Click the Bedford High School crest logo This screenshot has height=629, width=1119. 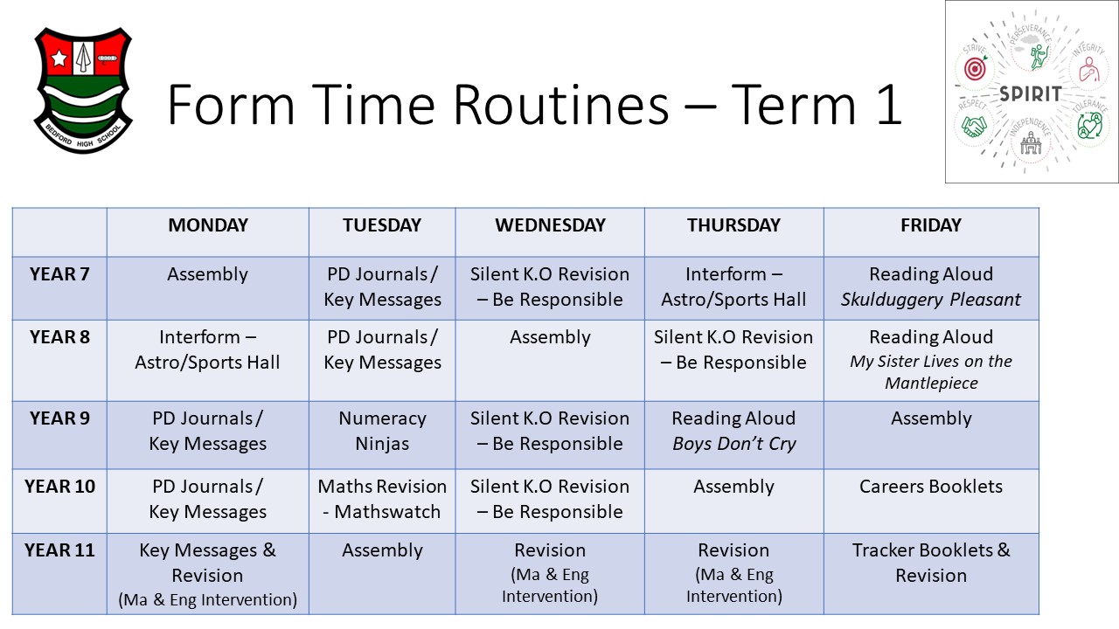point(83,90)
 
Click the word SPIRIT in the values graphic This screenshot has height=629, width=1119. point(1030,93)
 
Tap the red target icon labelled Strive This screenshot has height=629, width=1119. point(975,69)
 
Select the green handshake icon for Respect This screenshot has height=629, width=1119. point(974,127)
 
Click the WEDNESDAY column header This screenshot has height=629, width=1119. point(550,225)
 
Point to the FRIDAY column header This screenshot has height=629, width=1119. point(931,225)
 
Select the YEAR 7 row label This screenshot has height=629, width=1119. point(59,274)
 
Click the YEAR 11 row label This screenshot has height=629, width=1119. point(59,550)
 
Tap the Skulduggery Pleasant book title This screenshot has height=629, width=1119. point(931,300)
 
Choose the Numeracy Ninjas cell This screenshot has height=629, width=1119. point(382,431)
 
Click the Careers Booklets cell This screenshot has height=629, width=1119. point(931,487)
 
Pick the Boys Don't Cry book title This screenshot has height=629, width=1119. point(733,444)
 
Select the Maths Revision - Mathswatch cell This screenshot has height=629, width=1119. point(382,499)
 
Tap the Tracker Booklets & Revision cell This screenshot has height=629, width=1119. point(931,563)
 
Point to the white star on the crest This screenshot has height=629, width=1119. point(59,58)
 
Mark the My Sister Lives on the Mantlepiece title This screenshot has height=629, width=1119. point(931,372)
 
